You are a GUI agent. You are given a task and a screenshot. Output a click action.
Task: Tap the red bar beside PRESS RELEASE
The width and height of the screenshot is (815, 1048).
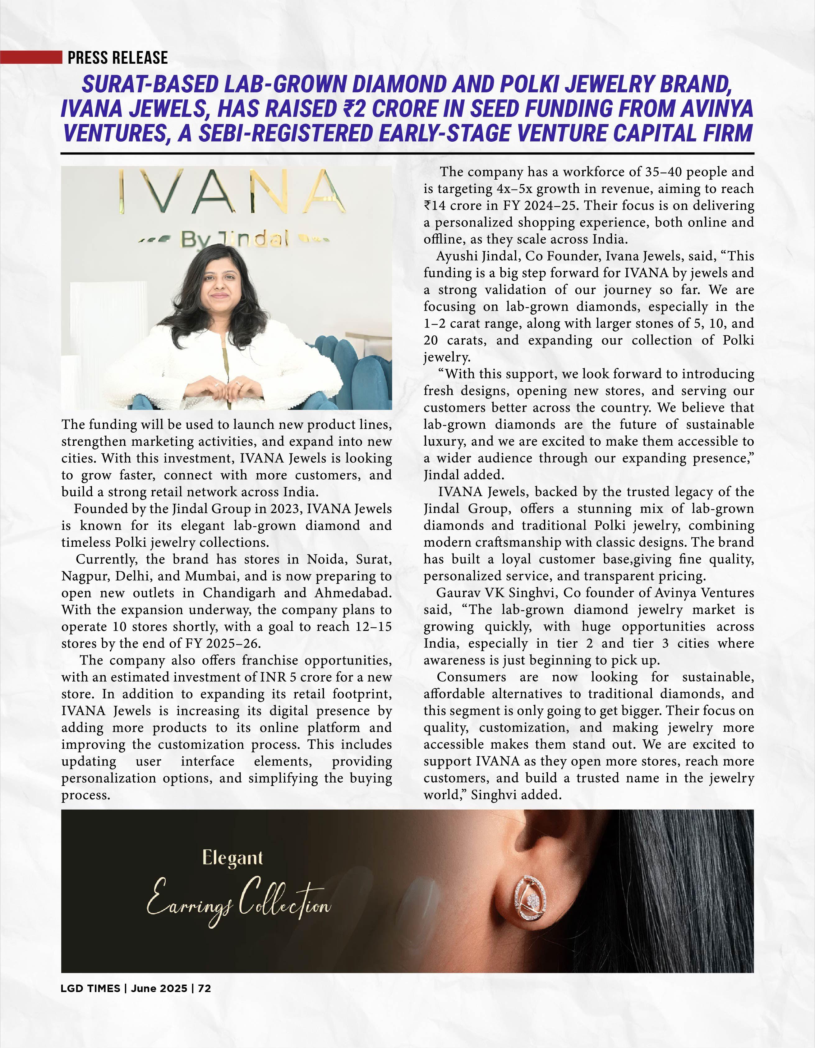pyautogui.click(x=31, y=57)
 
